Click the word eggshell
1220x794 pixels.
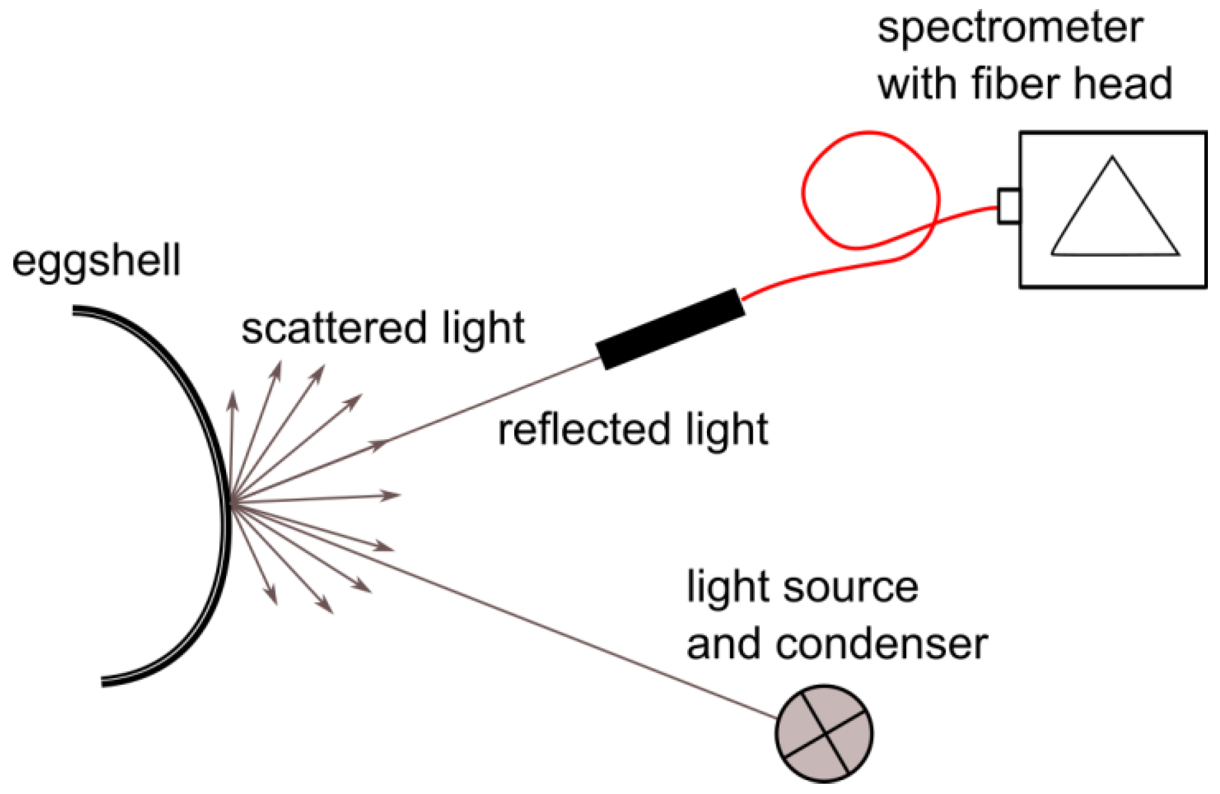96,262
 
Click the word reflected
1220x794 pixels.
584,430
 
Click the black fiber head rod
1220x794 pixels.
670,329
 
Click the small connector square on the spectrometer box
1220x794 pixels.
1008,206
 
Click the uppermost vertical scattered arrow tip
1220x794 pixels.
232,399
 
